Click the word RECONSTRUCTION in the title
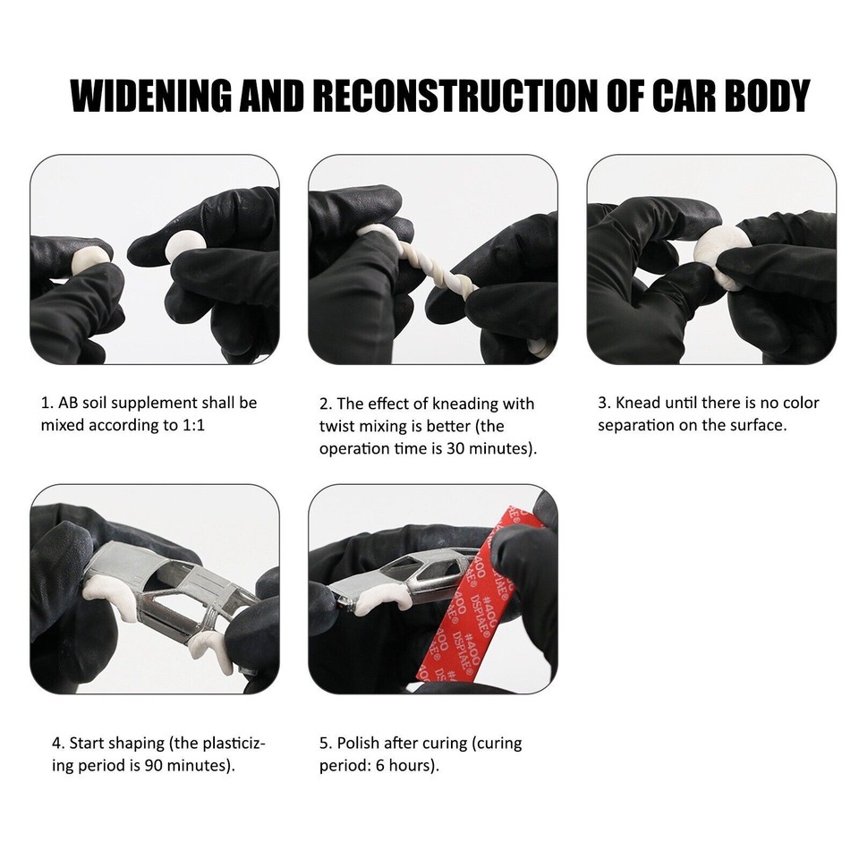(x=451, y=96)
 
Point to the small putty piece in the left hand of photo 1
(x=89, y=259)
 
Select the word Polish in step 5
(x=359, y=743)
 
